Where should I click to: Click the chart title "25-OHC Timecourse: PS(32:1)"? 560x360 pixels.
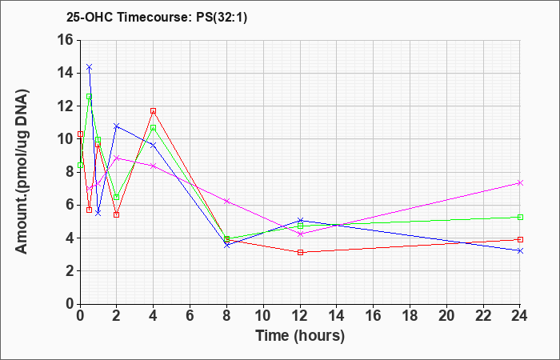tap(157, 17)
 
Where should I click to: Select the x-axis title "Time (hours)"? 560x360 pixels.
tap(300, 336)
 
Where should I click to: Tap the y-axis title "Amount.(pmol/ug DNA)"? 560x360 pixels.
tap(22, 172)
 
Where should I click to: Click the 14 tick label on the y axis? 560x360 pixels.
tap(69, 74)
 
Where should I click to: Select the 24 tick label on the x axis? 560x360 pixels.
tap(519, 316)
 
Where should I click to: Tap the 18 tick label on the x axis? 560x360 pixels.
tap(410, 316)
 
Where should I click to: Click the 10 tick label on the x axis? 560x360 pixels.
tap(263, 316)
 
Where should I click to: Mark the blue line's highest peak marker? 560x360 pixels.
tap(90, 66)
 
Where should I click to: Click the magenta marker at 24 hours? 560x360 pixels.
tap(520, 183)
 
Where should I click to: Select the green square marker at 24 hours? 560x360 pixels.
tap(520, 217)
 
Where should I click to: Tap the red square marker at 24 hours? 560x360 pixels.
tap(520, 239)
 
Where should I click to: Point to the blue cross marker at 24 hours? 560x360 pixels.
tap(520, 250)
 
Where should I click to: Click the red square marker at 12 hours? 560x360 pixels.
tap(300, 253)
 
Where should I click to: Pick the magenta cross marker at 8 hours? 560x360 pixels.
tap(226, 201)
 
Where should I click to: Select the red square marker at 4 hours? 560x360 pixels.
tap(154, 110)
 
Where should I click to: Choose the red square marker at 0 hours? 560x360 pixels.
tap(80, 134)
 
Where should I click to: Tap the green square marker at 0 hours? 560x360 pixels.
tap(80, 165)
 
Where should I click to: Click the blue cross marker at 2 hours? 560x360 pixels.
tap(117, 126)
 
